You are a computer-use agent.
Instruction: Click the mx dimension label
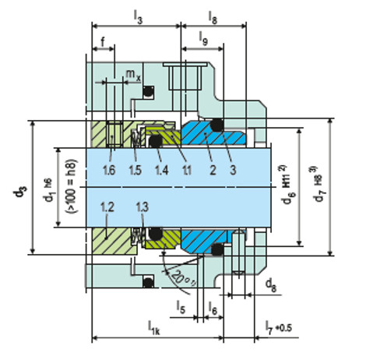click(133, 76)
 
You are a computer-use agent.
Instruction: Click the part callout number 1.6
click(111, 169)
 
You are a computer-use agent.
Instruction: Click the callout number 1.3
click(141, 206)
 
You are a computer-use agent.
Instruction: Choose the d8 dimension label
click(269, 284)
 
